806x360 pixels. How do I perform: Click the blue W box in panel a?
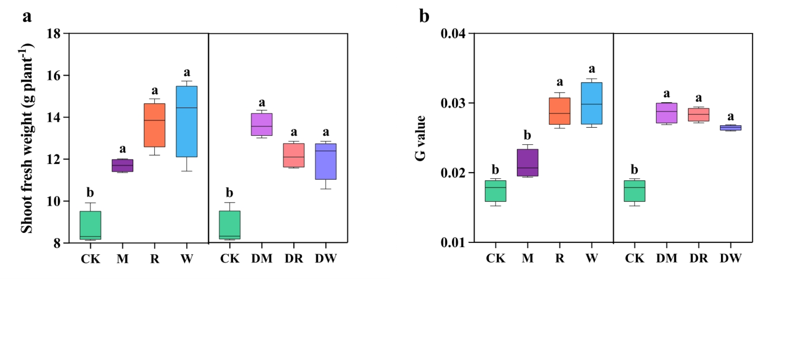tap(187, 121)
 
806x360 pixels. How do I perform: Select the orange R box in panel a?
tap(155, 125)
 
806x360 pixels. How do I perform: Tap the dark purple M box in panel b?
tap(527, 163)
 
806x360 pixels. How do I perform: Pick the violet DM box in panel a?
tap(262, 124)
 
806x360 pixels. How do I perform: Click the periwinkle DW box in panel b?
tap(731, 128)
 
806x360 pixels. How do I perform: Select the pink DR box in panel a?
tap(294, 155)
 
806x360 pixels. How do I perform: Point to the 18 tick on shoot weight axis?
tap(54, 34)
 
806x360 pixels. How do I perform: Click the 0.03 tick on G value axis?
tap(453, 103)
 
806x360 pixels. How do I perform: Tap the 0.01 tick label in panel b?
tap(453, 243)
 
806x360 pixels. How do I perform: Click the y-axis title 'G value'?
tap(420, 138)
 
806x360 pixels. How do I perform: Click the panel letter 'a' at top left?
tap(27, 16)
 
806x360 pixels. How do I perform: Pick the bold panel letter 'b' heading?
tap(424, 16)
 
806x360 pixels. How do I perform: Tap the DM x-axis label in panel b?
tap(666, 258)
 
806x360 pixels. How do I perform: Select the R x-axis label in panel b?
tap(560, 258)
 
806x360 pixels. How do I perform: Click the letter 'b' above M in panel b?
tap(527, 136)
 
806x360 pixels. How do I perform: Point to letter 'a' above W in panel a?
tap(187, 73)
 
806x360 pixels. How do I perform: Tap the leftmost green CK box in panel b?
tap(495, 191)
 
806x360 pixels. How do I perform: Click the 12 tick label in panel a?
tap(54, 159)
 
